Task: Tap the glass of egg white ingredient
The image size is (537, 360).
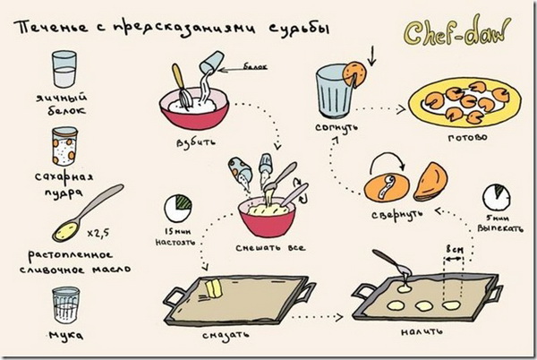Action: click(x=64, y=69)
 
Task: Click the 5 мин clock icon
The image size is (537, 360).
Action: click(x=495, y=198)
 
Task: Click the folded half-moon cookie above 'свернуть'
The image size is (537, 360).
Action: click(x=430, y=183)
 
